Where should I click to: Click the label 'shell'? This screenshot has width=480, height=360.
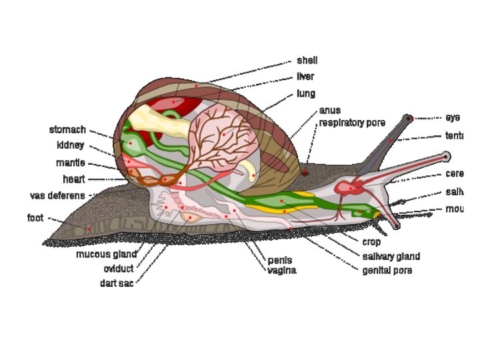point(307,61)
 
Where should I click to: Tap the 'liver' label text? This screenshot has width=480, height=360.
point(305,77)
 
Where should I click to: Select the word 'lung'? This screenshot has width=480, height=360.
point(306,93)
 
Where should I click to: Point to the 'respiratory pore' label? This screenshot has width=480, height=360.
point(351,123)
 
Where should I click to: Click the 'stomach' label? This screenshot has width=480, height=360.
point(67,129)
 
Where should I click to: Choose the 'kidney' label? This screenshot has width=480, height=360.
point(70,145)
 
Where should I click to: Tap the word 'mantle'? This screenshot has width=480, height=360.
point(70,163)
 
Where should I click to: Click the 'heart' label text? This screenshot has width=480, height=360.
point(74,179)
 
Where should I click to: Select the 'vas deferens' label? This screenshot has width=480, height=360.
point(57,196)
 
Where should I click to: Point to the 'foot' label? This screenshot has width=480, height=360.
point(35,217)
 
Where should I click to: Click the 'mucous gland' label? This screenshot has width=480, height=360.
point(106,254)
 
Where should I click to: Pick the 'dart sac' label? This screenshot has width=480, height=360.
point(117,283)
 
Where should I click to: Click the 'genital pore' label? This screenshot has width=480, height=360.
point(387,270)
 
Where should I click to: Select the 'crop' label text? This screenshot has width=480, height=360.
point(371,242)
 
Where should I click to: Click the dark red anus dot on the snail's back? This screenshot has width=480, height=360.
point(305,173)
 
